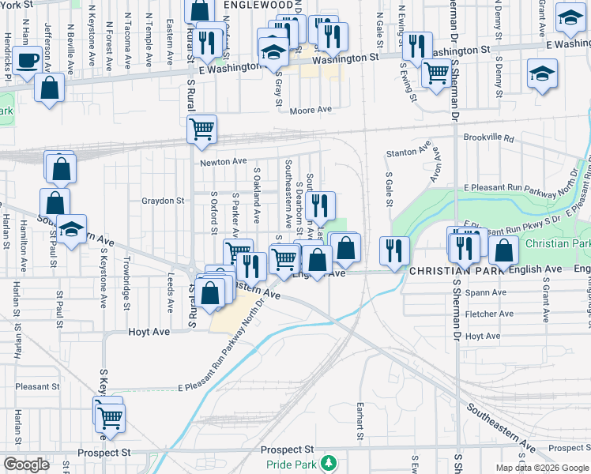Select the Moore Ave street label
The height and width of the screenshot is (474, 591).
(x=310, y=110)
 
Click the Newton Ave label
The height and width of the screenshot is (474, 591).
(x=223, y=161)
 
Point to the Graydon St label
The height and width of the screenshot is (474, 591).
(x=162, y=201)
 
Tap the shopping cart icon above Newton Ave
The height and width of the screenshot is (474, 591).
(x=201, y=128)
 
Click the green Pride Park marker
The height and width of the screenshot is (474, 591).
(x=333, y=461)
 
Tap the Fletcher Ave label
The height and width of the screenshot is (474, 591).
(x=484, y=314)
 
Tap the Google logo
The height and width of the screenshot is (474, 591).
(x=26, y=465)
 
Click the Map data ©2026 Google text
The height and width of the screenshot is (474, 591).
(x=542, y=468)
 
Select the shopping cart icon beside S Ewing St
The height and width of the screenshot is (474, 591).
(x=435, y=73)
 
